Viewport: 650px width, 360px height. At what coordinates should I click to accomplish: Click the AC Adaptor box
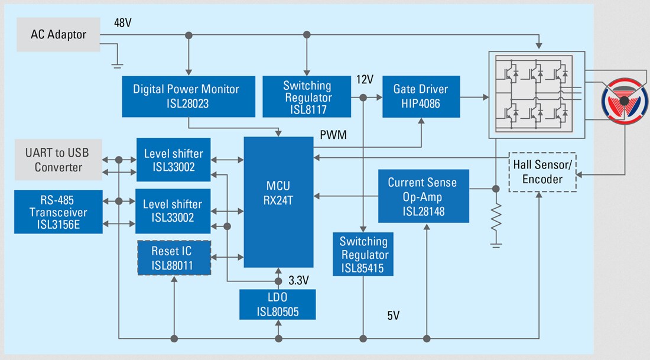pos(58,34)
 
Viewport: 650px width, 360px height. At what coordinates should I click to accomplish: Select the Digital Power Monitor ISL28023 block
pos(186,96)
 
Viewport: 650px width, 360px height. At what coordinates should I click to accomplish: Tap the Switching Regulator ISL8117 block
pos(307,96)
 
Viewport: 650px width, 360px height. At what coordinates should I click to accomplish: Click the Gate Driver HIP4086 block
pos(420,96)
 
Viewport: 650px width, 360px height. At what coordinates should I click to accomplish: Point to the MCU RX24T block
pos(278,202)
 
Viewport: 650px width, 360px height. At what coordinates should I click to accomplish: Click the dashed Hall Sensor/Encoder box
pos(542,172)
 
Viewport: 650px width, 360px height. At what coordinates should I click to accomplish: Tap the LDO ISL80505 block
pos(277,304)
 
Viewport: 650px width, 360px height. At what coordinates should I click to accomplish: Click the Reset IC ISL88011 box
pos(174,258)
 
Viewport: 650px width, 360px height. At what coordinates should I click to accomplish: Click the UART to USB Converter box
pos(58,160)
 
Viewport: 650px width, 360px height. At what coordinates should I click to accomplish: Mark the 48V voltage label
pos(122,22)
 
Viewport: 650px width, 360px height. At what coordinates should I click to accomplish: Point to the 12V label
pos(365,79)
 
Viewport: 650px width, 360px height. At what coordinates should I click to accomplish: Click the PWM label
pos(332,135)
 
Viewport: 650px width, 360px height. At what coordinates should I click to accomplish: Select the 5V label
pos(394,316)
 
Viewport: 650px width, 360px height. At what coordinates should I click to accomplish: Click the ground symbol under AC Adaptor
pos(117,61)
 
